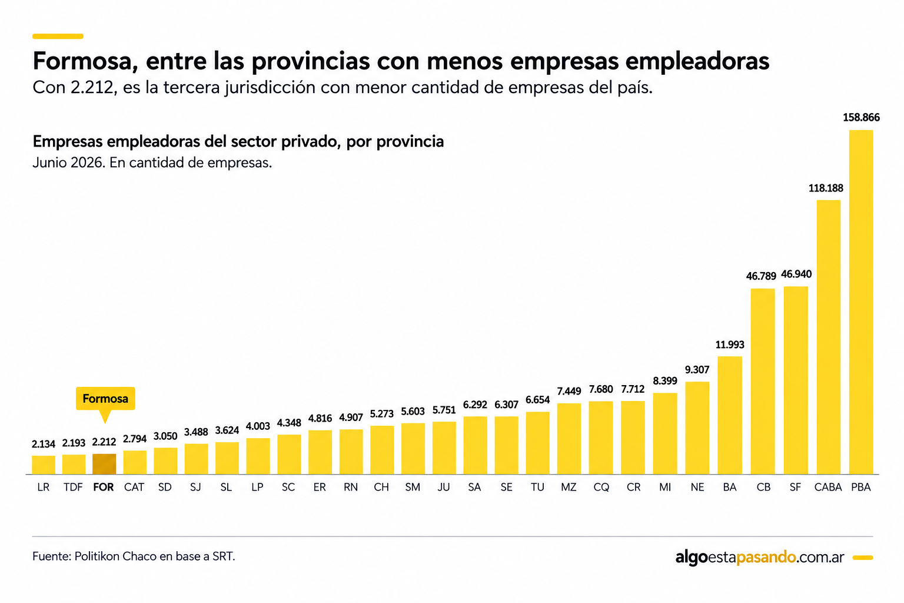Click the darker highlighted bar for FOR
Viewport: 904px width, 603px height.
[x=104, y=464]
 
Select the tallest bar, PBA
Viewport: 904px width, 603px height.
[x=861, y=302]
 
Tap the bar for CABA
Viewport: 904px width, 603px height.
[x=829, y=337]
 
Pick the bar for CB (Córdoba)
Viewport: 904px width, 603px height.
[x=763, y=381]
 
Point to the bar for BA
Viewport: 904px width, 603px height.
[x=730, y=415]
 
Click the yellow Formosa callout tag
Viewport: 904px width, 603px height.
[x=105, y=399]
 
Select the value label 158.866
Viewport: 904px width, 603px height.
[x=861, y=118]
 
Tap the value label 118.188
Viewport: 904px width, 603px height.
[x=826, y=188]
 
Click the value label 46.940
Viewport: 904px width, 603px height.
[x=796, y=274]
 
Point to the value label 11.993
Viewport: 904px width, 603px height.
[x=730, y=344]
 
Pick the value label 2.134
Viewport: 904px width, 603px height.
[x=44, y=444]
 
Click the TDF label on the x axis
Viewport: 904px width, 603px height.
[x=73, y=487]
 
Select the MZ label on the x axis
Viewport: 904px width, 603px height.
[x=569, y=487]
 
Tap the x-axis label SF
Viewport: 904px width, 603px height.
[x=796, y=487]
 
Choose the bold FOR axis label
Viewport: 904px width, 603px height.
[x=104, y=487]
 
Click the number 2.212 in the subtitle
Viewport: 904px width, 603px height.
[x=92, y=87]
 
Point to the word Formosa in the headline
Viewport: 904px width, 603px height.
[x=82, y=61]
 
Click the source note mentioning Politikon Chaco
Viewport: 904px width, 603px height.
[x=134, y=556]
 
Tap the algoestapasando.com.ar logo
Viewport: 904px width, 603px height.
[x=760, y=557]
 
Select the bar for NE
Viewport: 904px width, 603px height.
[x=697, y=428]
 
